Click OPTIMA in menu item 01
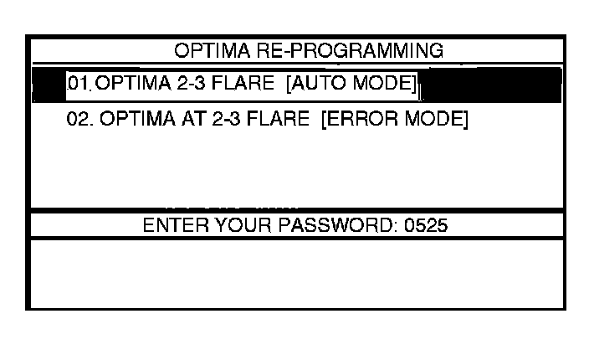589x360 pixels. click(x=126, y=85)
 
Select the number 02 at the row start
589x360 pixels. click(x=78, y=119)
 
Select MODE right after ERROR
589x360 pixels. click(x=432, y=119)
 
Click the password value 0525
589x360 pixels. click(x=427, y=226)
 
